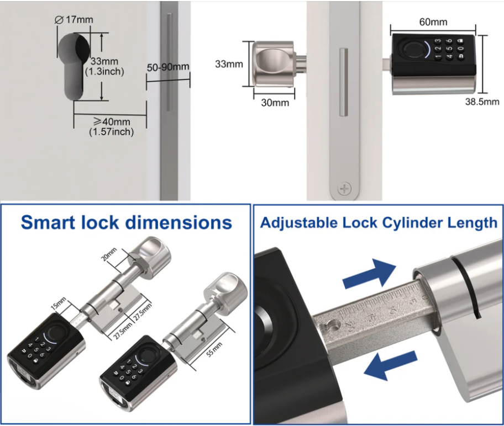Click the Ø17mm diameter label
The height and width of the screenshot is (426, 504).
[74, 20]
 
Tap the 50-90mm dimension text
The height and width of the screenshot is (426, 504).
[168, 67]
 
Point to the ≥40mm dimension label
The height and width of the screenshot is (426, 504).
[112, 121]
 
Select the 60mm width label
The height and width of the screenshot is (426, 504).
[433, 22]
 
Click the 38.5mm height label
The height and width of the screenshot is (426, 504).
[482, 102]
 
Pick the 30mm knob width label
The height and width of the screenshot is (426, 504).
[275, 103]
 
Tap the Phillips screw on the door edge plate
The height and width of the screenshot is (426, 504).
[344, 188]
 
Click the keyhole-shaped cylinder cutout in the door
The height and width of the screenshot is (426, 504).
[74, 65]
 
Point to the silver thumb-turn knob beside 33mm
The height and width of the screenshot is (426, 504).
[273, 64]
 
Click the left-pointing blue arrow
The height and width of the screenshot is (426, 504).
[390, 365]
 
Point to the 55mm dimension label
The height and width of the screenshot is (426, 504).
[214, 350]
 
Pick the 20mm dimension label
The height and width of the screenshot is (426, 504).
[109, 254]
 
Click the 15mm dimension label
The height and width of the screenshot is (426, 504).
[59, 303]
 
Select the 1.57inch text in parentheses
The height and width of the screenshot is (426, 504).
[111, 132]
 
